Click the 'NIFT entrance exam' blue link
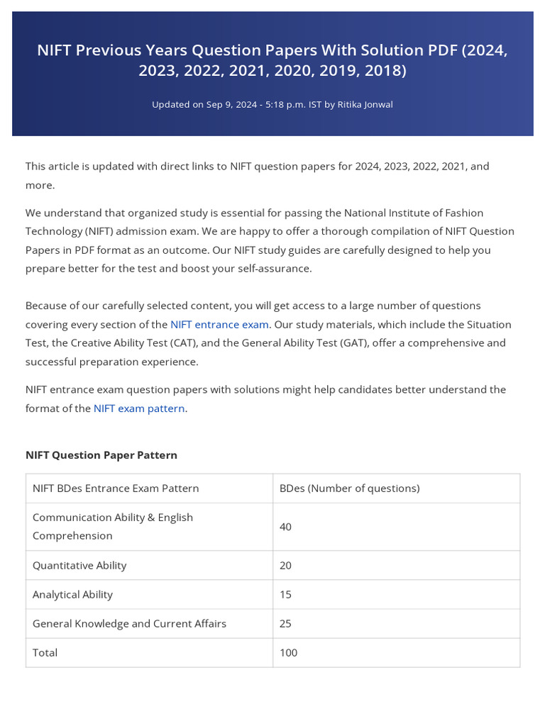pyautogui.click(x=219, y=325)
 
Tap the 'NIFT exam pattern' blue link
pyautogui.click(x=139, y=408)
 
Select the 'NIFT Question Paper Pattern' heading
pyautogui.click(x=101, y=455)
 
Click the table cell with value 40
pyautogui.click(x=285, y=527)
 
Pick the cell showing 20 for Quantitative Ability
pyautogui.click(x=285, y=566)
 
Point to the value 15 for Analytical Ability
pyautogui.click(x=285, y=595)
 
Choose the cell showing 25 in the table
pyautogui.click(x=285, y=624)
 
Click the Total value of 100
pyautogui.click(x=288, y=653)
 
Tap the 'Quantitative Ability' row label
pyautogui.click(x=79, y=566)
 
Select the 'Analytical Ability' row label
pyautogui.click(x=72, y=595)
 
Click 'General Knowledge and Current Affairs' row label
pyautogui.click(x=129, y=624)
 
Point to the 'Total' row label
pyautogui.click(x=45, y=653)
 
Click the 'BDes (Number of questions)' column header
pyautogui.click(x=349, y=488)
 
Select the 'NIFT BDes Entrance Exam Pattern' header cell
pyautogui.click(x=116, y=488)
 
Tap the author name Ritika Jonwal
pyautogui.click(x=365, y=105)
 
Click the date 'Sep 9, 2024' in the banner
pyautogui.click(x=231, y=105)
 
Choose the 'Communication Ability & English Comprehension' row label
pyautogui.click(x=112, y=527)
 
